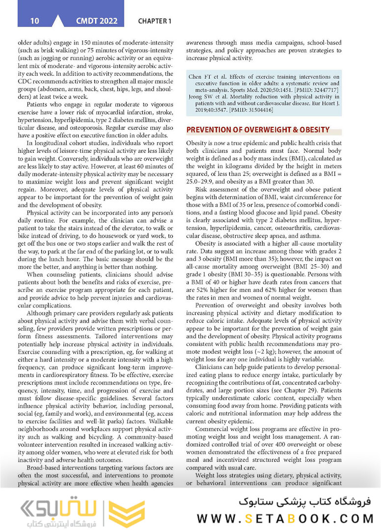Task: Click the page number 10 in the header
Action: pyautogui.click(x=34, y=21)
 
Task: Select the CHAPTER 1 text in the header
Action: pyautogui.click(x=155, y=21)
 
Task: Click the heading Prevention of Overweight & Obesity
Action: pyautogui.click(x=258, y=130)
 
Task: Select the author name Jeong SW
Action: pyautogui.click(x=200, y=97)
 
